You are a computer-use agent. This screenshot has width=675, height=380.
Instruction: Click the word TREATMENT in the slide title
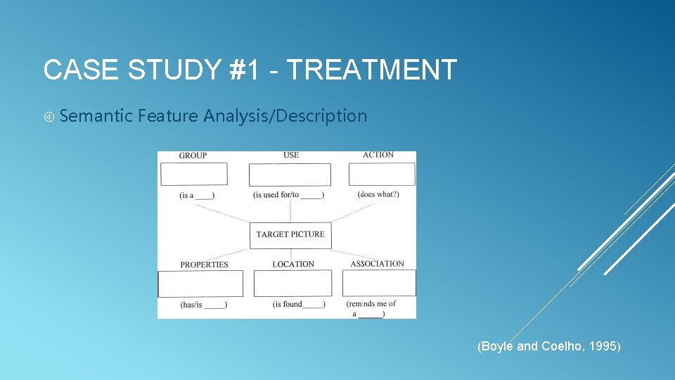point(372,70)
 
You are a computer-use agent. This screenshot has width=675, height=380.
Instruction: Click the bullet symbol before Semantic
point(49,116)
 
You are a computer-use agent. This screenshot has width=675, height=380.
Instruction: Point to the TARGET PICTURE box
point(290,234)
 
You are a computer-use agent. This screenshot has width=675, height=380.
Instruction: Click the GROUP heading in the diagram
point(193,156)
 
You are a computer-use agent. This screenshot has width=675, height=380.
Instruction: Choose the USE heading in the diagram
point(291,155)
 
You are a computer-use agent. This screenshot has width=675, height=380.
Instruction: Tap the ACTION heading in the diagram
point(378,155)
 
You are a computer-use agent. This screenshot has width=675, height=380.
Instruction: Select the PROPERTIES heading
point(204,265)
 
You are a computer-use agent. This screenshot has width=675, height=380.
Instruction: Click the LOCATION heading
point(293,264)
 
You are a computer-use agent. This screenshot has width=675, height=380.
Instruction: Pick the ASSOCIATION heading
point(377,264)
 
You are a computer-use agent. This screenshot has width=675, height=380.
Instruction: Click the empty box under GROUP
point(194,174)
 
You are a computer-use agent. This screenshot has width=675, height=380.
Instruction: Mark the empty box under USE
point(290,175)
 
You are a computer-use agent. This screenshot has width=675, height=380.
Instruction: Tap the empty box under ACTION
point(382,174)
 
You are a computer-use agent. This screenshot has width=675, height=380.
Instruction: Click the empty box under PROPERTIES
point(200,284)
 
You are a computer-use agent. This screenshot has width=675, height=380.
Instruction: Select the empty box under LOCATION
point(292,284)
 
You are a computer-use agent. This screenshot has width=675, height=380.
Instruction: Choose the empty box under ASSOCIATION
point(379,283)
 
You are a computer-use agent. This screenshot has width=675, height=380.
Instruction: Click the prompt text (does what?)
point(378,194)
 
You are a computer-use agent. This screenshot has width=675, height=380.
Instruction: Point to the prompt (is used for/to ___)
point(288,195)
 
